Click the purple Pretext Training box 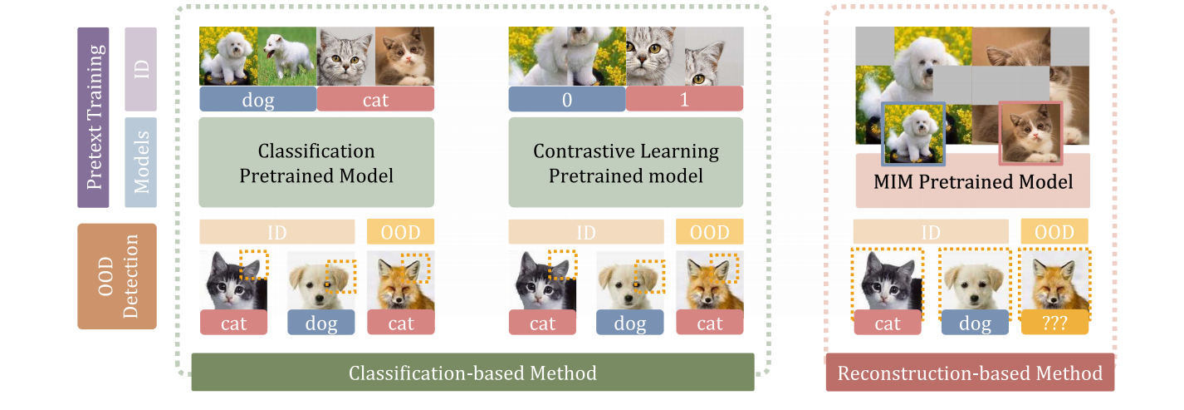[93, 117]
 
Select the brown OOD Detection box [116, 276]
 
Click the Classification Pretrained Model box [316, 163]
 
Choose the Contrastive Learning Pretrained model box [625, 163]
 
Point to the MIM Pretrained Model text [972, 181]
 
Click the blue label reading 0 [566, 99]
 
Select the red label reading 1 [684, 99]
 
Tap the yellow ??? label [1054, 323]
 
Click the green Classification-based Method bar [472, 372]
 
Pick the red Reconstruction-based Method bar [970, 373]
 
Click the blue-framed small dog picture [914, 133]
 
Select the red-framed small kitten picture [1030, 133]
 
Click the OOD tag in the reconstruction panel [1054, 231]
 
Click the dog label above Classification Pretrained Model [257, 99]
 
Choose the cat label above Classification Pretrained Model [375, 99]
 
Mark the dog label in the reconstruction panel [975, 323]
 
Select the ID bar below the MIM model [931, 231]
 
